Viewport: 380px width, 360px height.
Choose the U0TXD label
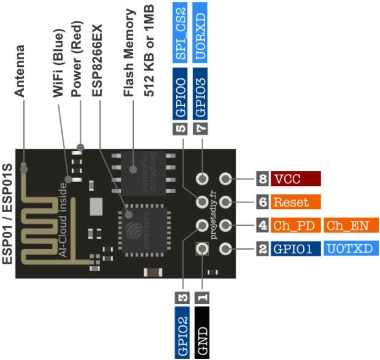coord(352,249)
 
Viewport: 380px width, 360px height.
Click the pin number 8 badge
coord(263,179)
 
